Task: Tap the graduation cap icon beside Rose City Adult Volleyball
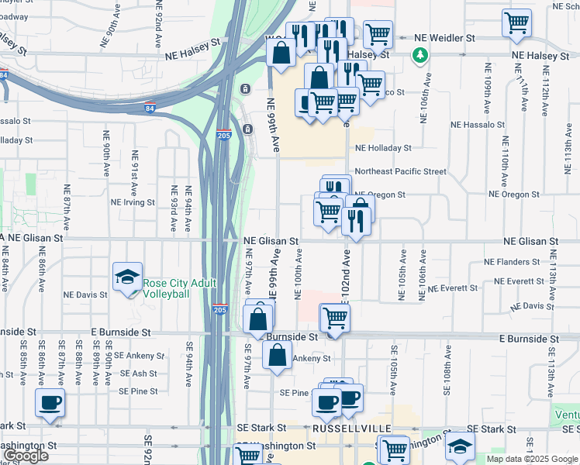click(126, 277)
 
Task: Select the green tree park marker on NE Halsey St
click(419, 55)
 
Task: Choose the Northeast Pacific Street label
click(400, 171)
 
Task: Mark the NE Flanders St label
click(511, 262)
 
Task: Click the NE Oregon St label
click(380, 195)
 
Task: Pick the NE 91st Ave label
click(133, 173)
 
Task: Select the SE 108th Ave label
click(447, 371)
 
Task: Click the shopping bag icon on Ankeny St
click(277, 355)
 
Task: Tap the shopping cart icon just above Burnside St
click(335, 316)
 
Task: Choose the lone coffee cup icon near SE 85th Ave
click(50, 402)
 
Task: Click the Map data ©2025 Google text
click(532, 459)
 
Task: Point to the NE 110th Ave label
click(504, 164)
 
